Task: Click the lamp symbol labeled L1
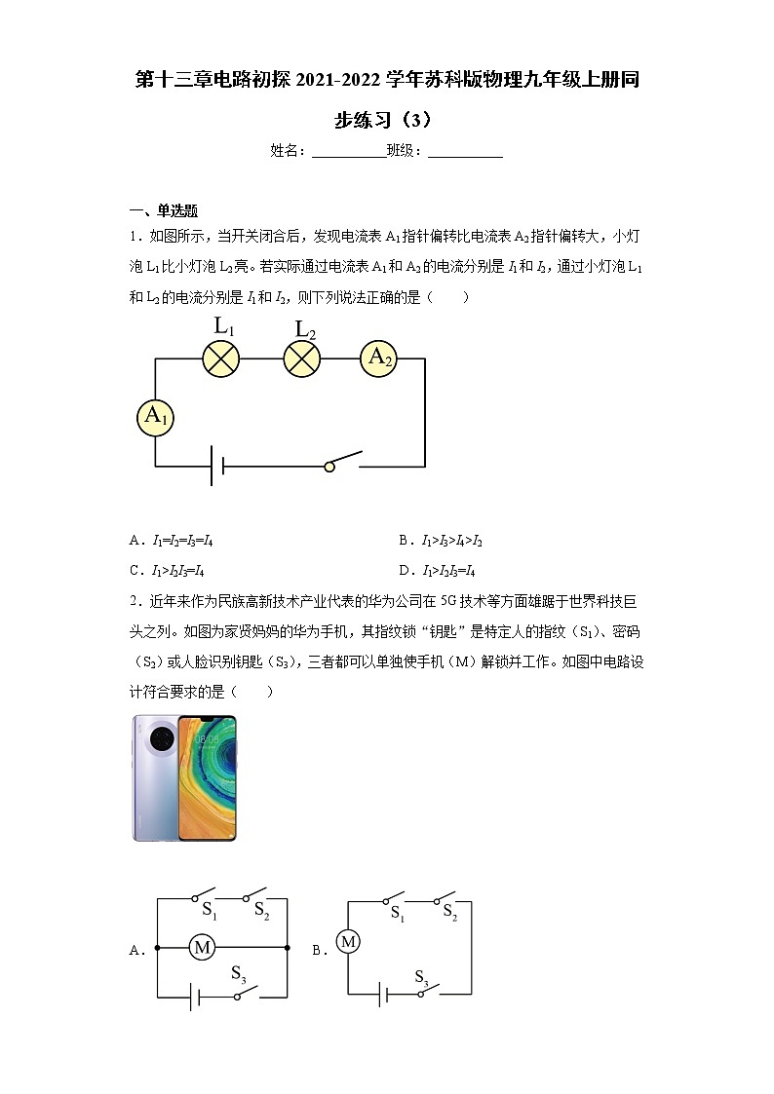[x=221, y=359]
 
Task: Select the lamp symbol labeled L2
[x=302, y=359]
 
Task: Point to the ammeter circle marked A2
[x=379, y=358]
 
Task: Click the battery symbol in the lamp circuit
[x=217, y=467]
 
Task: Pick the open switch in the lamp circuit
[x=344, y=461]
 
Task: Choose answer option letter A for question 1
[x=135, y=541]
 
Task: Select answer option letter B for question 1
[x=404, y=541]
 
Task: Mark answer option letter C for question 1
[x=135, y=571]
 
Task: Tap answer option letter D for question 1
[x=404, y=571]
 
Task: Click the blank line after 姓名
[x=348, y=151]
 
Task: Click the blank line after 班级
[x=465, y=151]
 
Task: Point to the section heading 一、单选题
[x=164, y=210]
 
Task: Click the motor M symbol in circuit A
[x=202, y=947]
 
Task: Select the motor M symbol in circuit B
[x=348, y=941]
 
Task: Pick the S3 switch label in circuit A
[x=238, y=973]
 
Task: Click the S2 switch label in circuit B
[x=449, y=913]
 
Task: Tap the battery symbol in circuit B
[x=385, y=995]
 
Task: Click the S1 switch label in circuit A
[x=209, y=911]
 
